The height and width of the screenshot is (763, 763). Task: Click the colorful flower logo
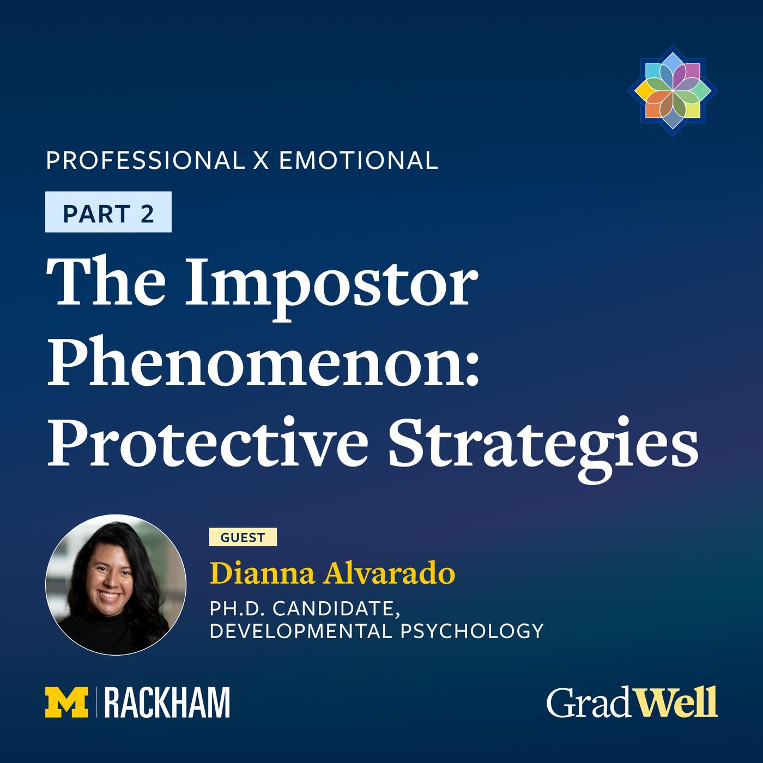tap(673, 90)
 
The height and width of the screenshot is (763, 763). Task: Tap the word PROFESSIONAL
tap(146, 160)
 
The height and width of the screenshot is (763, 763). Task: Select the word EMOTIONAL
tap(359, 160)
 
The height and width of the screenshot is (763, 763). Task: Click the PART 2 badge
tap(108, 212)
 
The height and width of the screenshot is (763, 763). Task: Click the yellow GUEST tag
tap(243, 537)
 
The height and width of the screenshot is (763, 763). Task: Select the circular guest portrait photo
tap(116, 585)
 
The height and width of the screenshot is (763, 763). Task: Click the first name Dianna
tap(262, 573)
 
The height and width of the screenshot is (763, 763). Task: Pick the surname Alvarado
tap(389, 573)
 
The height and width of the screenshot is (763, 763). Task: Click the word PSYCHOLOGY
tap(472, 631)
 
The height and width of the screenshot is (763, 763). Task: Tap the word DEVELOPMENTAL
tap(300, 631)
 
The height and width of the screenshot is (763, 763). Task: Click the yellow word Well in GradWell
tap(677, 702)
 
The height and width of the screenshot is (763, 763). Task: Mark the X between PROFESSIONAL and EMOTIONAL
tap(262, 160)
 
